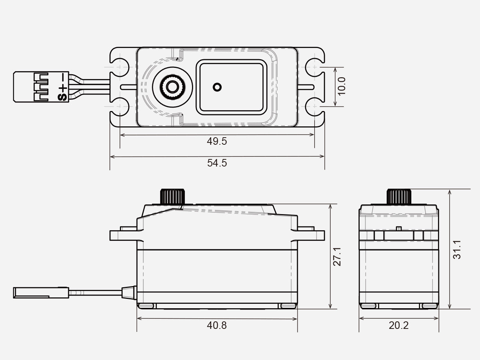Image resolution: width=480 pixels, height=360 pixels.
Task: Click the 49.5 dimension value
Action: (x=217, y=141)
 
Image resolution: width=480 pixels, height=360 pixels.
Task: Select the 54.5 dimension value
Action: (x=217, y=163)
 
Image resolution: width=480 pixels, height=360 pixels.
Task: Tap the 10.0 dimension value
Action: (x=341, y=87)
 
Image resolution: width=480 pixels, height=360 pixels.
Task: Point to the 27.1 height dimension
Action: (x=338, y=256)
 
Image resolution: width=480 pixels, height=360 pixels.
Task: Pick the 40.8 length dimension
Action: (x=217, y=325)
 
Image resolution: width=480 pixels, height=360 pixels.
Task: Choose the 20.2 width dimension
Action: (x=398, y=325)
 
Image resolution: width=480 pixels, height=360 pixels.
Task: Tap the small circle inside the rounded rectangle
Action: (x=217, y=87)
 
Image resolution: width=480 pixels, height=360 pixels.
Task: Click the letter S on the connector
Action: (x=62, y=97)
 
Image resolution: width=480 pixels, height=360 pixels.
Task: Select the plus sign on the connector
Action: (x=62, y=88)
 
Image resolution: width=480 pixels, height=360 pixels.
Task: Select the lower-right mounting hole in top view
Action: (x=314, y=108)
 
